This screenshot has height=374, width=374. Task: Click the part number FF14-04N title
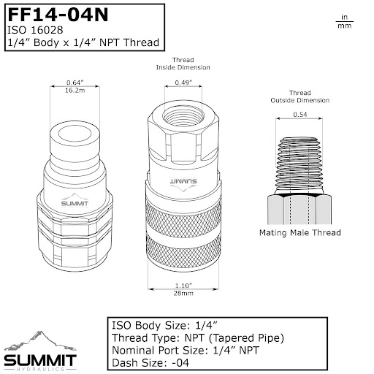tap(58, 15)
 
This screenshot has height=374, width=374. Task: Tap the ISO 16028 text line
tap(35, 30)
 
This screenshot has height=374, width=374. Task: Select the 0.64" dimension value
tap(75, 83)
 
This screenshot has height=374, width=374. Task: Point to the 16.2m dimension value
tap(75, 91)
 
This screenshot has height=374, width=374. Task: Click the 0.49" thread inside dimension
tap(183, 83)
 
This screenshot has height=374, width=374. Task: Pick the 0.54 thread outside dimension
tap(299, 115)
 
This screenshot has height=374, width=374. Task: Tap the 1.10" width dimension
tap(183, 286)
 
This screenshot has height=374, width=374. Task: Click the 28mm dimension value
tap(183, 293)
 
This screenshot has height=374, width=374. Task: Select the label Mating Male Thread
tap(299, 233)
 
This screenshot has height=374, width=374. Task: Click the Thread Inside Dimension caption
tap(183, 64)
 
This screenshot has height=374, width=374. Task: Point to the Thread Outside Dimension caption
tap(299, 96)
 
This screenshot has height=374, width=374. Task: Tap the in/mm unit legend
tap(344, 21)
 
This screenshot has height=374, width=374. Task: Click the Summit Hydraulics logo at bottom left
tap(40, 351)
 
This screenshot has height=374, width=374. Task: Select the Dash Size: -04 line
tap(150, 363)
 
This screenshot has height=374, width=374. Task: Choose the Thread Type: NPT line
tap(198, 338)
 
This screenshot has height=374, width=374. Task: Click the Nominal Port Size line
tap(186, 351)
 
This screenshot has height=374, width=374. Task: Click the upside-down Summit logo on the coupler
tap(183, 184)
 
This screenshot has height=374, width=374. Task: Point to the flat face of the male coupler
tap(75, 134)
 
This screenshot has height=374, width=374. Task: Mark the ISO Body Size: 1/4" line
tap(164, 326)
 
